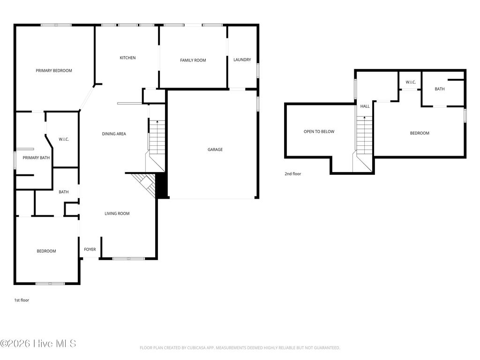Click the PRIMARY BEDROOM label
tap(54, 71)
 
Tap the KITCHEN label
tap(127, 58)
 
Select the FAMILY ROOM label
tap(193, 60)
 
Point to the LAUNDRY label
tap(242, 60)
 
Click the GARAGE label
tap(215, 150)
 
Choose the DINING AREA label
tap(114, 134)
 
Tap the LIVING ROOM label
tap(117, 214)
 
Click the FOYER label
tap(90, 250)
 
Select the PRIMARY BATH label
tap(36, 158)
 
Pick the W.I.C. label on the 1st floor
tap(64, 139)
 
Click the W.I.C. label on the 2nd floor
tap(411, 82)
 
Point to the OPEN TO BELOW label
tap(319, 132)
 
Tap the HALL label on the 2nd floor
tap(365, 106)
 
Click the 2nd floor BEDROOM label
tap(420, 133)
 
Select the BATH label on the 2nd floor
tap(440, 89)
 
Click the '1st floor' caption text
tap(22, 300)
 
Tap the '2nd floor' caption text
tap(292, 174)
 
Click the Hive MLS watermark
tap(38, 344)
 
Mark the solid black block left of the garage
tap(162, 186)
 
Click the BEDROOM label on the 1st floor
tap(46, 251)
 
